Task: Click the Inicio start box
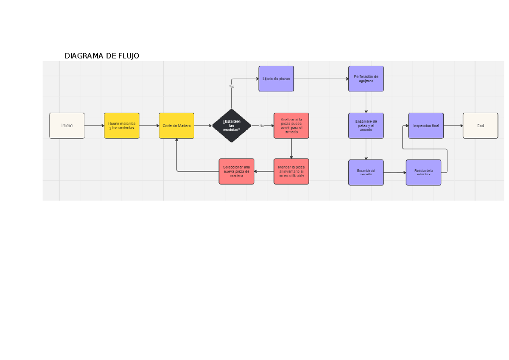coord(67,126)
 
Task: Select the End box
coord(480,126)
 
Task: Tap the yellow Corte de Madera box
coord(176,126)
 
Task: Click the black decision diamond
coord(232,126)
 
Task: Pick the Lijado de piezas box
coord(276,78)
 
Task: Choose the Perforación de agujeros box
coord(366,78)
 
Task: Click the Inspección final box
coord(426,126)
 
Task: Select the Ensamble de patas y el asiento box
coord(366,126)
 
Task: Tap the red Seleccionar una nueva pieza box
coord(236,171)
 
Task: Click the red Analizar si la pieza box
coord(291,126)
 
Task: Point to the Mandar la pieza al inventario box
coord(291,171)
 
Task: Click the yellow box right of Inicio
coord(122,126)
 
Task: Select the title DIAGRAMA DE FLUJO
coord(102,56)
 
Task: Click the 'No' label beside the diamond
coord(261,126)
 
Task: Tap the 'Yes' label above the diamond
coord(232,87)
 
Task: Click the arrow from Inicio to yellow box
coord(94,126)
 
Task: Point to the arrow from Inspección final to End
coord(453,126)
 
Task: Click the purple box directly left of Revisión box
coord(366,172)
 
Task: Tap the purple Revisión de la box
coord(423,172)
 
